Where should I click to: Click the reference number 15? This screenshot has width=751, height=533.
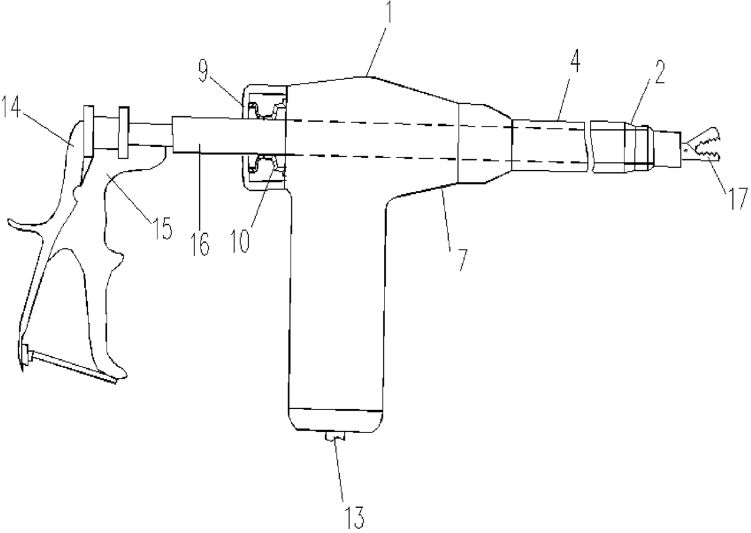pyautogui.click(x=162, y=228)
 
